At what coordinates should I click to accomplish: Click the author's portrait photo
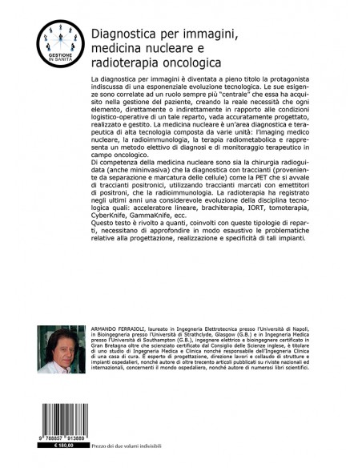(x=57, y=349)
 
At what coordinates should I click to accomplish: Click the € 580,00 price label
(x=58, y=451)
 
